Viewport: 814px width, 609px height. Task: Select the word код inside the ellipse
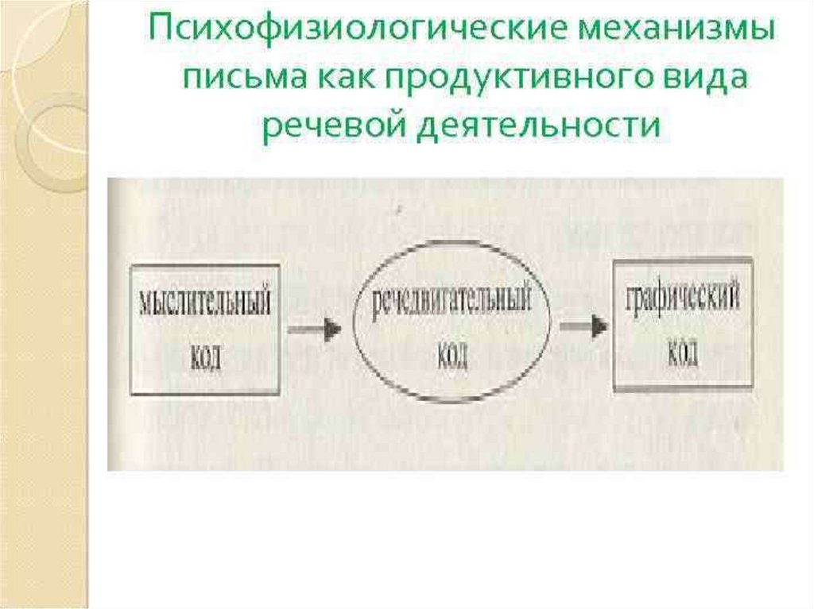[451, 356]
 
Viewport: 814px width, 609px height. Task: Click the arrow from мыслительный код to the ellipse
[314, 328]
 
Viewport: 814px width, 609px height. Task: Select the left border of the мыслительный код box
[131, 329]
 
